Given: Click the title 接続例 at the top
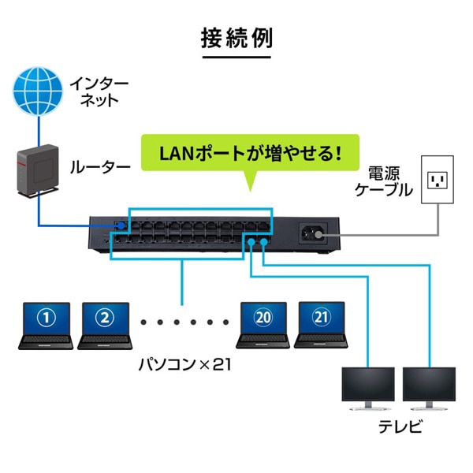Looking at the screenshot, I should coord(236,38).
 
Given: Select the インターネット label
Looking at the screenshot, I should coord(95,91).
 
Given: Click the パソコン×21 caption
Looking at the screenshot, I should coord(182,367).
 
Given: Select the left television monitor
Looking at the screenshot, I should coord(367,387).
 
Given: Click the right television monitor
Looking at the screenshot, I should coord(431,387).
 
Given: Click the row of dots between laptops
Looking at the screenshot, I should coord(183,322).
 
